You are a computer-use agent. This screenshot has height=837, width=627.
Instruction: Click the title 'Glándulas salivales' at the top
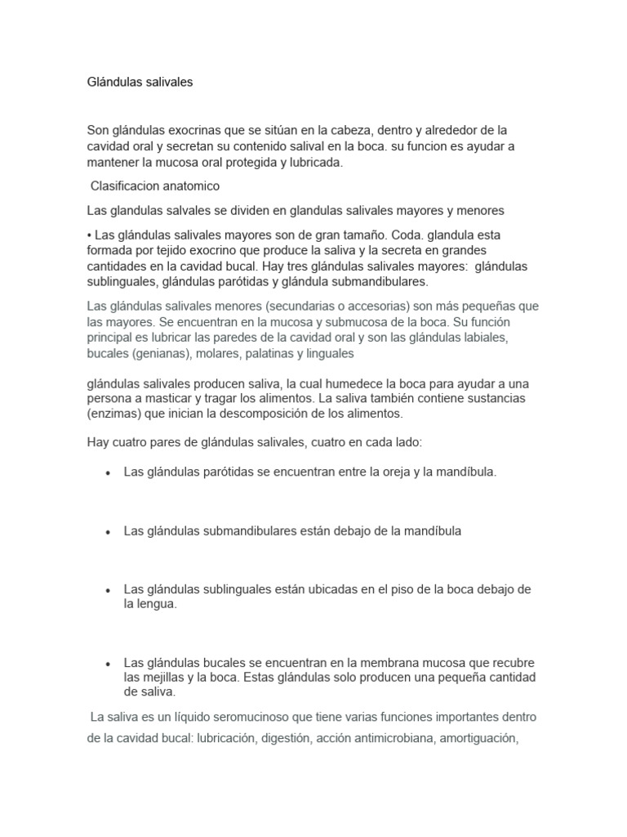(140, 83)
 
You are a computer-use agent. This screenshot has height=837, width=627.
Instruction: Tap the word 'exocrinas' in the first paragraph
(189, 131)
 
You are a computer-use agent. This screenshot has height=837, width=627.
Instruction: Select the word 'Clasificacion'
(127, 186)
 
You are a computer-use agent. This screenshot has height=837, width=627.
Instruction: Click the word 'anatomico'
(193, 186)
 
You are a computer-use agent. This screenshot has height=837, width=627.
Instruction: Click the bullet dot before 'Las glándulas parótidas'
(108, 473)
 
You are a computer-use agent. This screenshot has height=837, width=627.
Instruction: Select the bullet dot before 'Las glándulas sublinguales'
(108, 590)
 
